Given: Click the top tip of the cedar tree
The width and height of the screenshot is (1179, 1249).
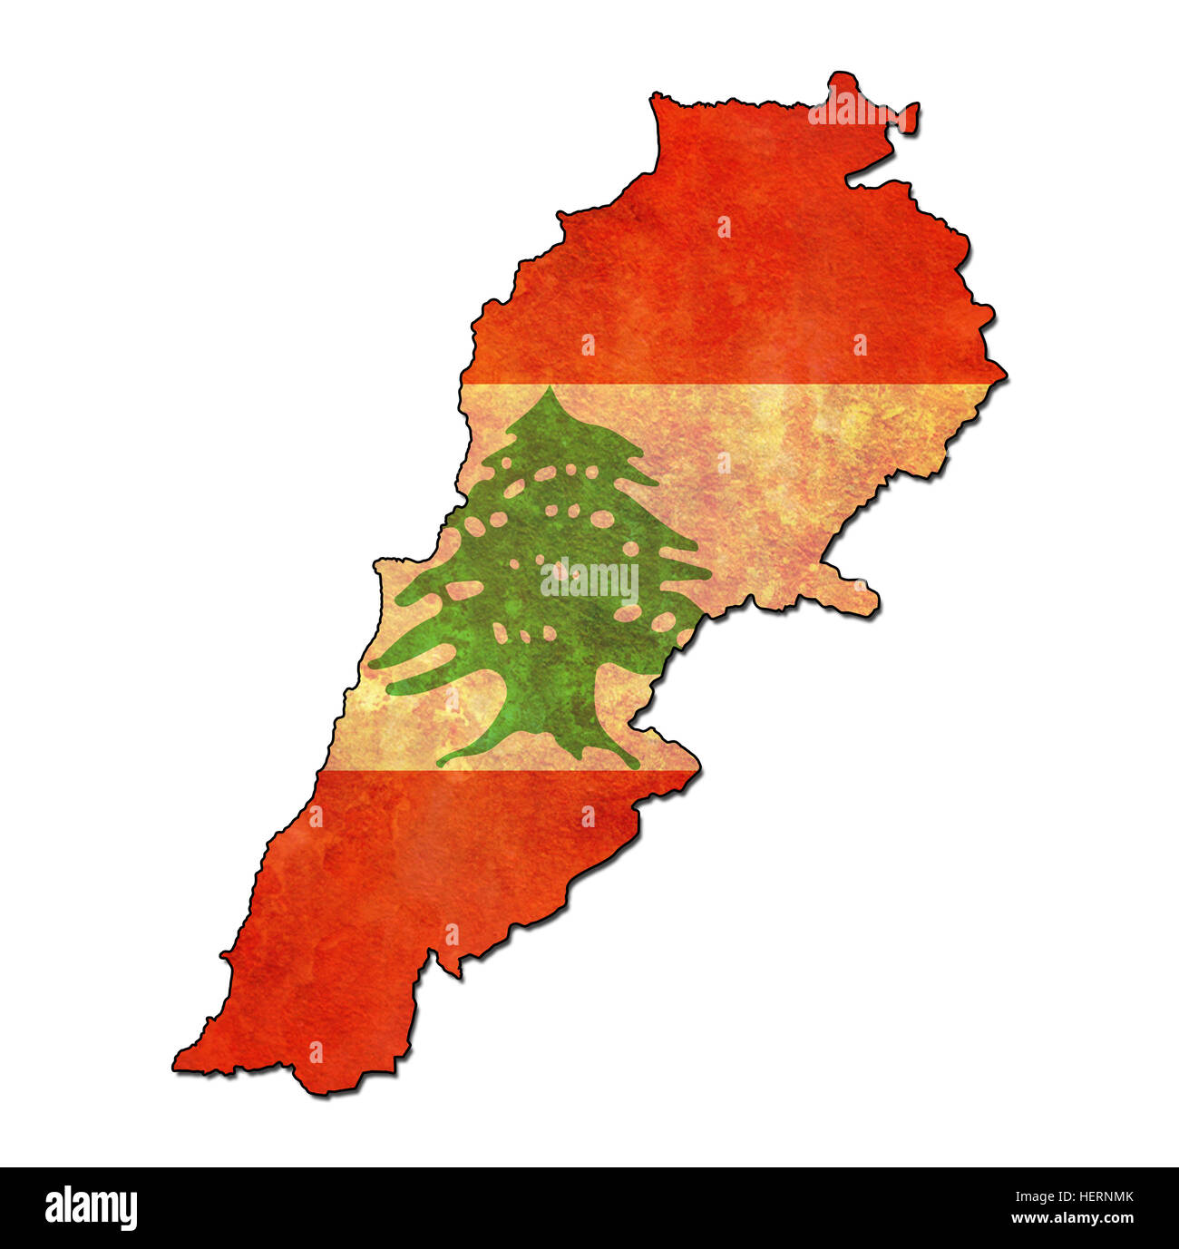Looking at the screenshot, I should click(x=550, y=389).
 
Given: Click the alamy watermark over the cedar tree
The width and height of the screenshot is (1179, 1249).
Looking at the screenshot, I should click(x=589, y=581).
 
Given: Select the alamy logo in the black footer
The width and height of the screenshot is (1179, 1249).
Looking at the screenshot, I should click(x=91, y=1208).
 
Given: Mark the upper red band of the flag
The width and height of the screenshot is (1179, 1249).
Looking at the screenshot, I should click(x=726, y=272).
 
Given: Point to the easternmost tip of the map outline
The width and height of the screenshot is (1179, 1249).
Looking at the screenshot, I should click(x=1004, y=372).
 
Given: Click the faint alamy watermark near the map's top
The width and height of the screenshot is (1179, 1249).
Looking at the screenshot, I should click(x=853, y=109).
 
